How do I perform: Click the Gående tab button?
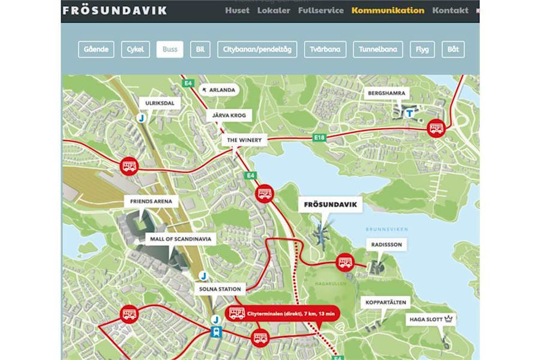point(96,49)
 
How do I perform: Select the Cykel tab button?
point(136,49)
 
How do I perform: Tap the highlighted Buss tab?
point(170,49)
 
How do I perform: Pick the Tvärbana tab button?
point(326,49)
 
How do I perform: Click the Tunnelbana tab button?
point(378,49)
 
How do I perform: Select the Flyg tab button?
point(422,49)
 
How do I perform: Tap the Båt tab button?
point(453,49)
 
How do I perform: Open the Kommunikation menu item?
point(388,10)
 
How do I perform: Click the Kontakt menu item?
point(450,10)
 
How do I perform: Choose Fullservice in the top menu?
point(321,10)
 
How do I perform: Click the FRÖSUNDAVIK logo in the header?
point(115,10)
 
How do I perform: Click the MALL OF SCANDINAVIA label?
point(178,238)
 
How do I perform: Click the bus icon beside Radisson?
point(345,262)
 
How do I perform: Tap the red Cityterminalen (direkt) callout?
point(283,313)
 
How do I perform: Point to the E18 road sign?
point(320,138)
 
